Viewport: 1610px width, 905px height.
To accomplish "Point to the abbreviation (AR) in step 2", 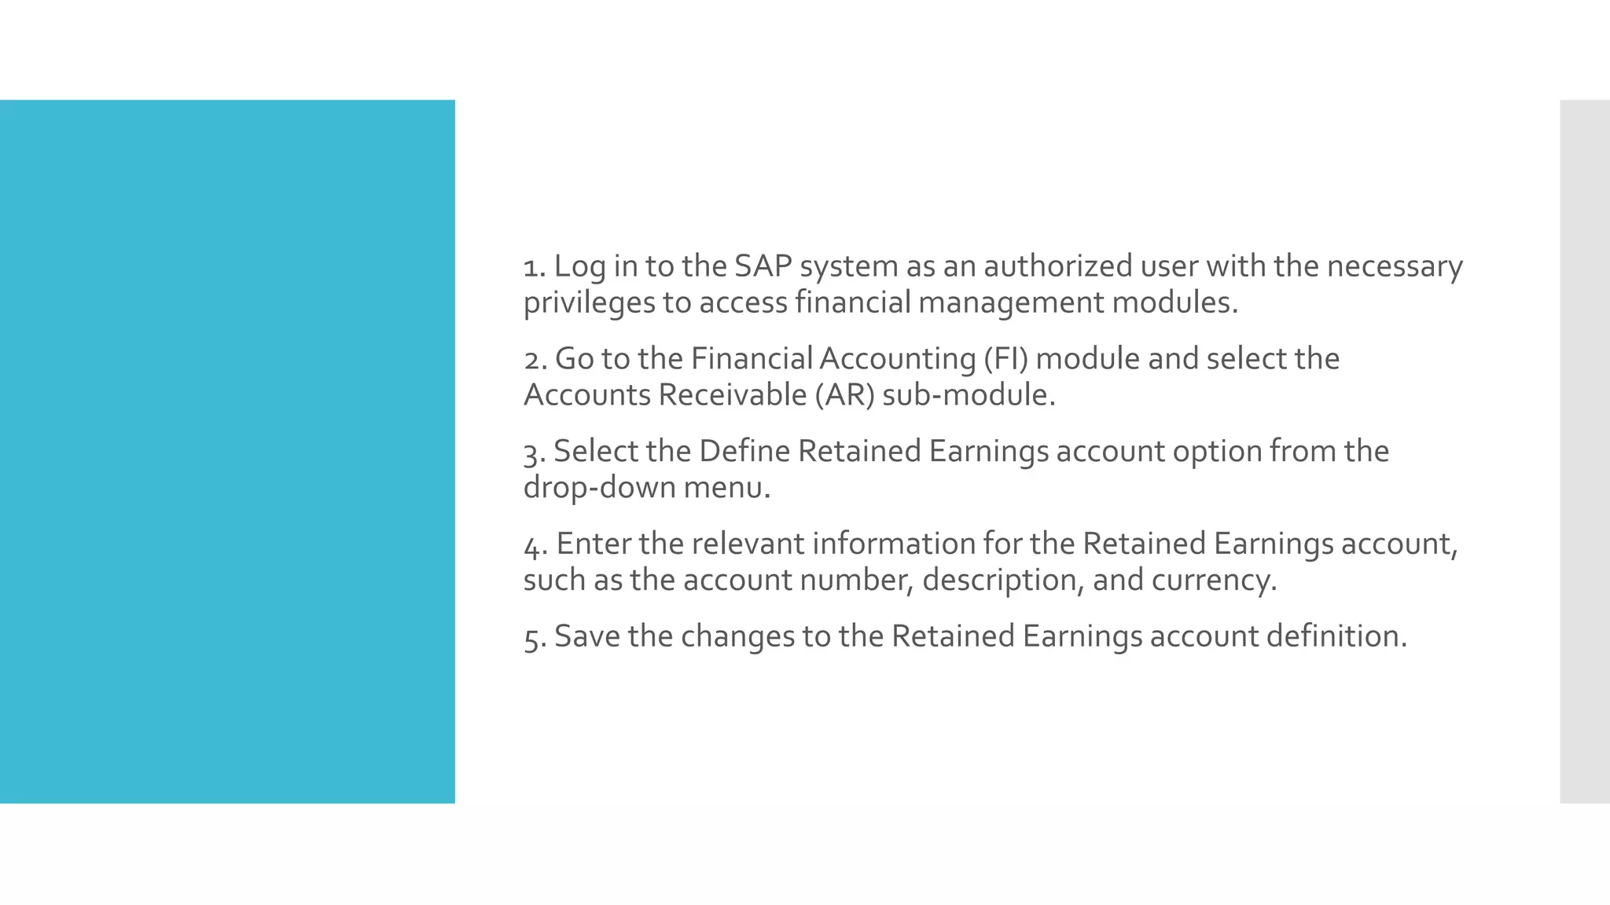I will pos(844,395).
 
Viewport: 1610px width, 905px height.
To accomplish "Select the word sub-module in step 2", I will pos(968,395).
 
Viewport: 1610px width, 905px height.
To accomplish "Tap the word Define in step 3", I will pos(744,452).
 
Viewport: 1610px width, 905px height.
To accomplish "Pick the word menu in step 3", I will pos(726,488).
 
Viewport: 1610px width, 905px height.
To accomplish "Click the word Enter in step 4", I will pos(594,544).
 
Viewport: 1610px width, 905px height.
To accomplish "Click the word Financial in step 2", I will pos(752,359).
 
